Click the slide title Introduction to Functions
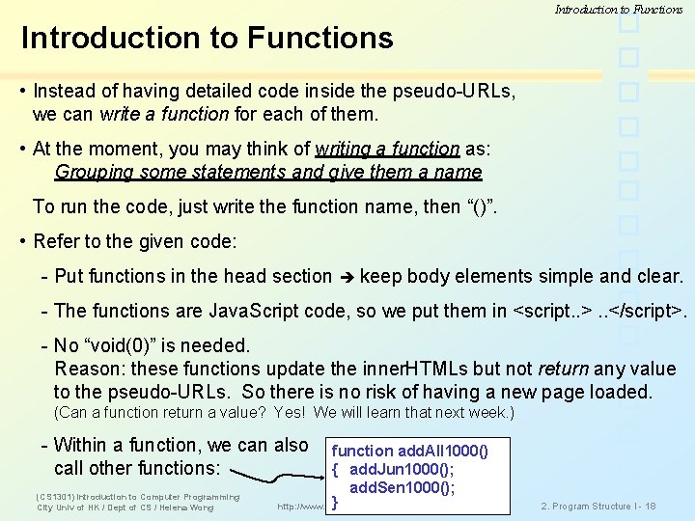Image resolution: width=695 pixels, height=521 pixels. click(207, 38)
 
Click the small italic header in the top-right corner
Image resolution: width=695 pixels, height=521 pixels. click(619, 9)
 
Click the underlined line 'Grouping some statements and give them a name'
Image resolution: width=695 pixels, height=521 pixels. click(268, 173)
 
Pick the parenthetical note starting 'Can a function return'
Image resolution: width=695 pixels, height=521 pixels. click(284, 413)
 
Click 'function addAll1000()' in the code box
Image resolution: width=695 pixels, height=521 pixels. click(409, 451)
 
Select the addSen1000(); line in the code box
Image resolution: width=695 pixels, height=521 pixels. click(402, 487)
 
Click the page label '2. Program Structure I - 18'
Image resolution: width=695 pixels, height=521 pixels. click(598, 506)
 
